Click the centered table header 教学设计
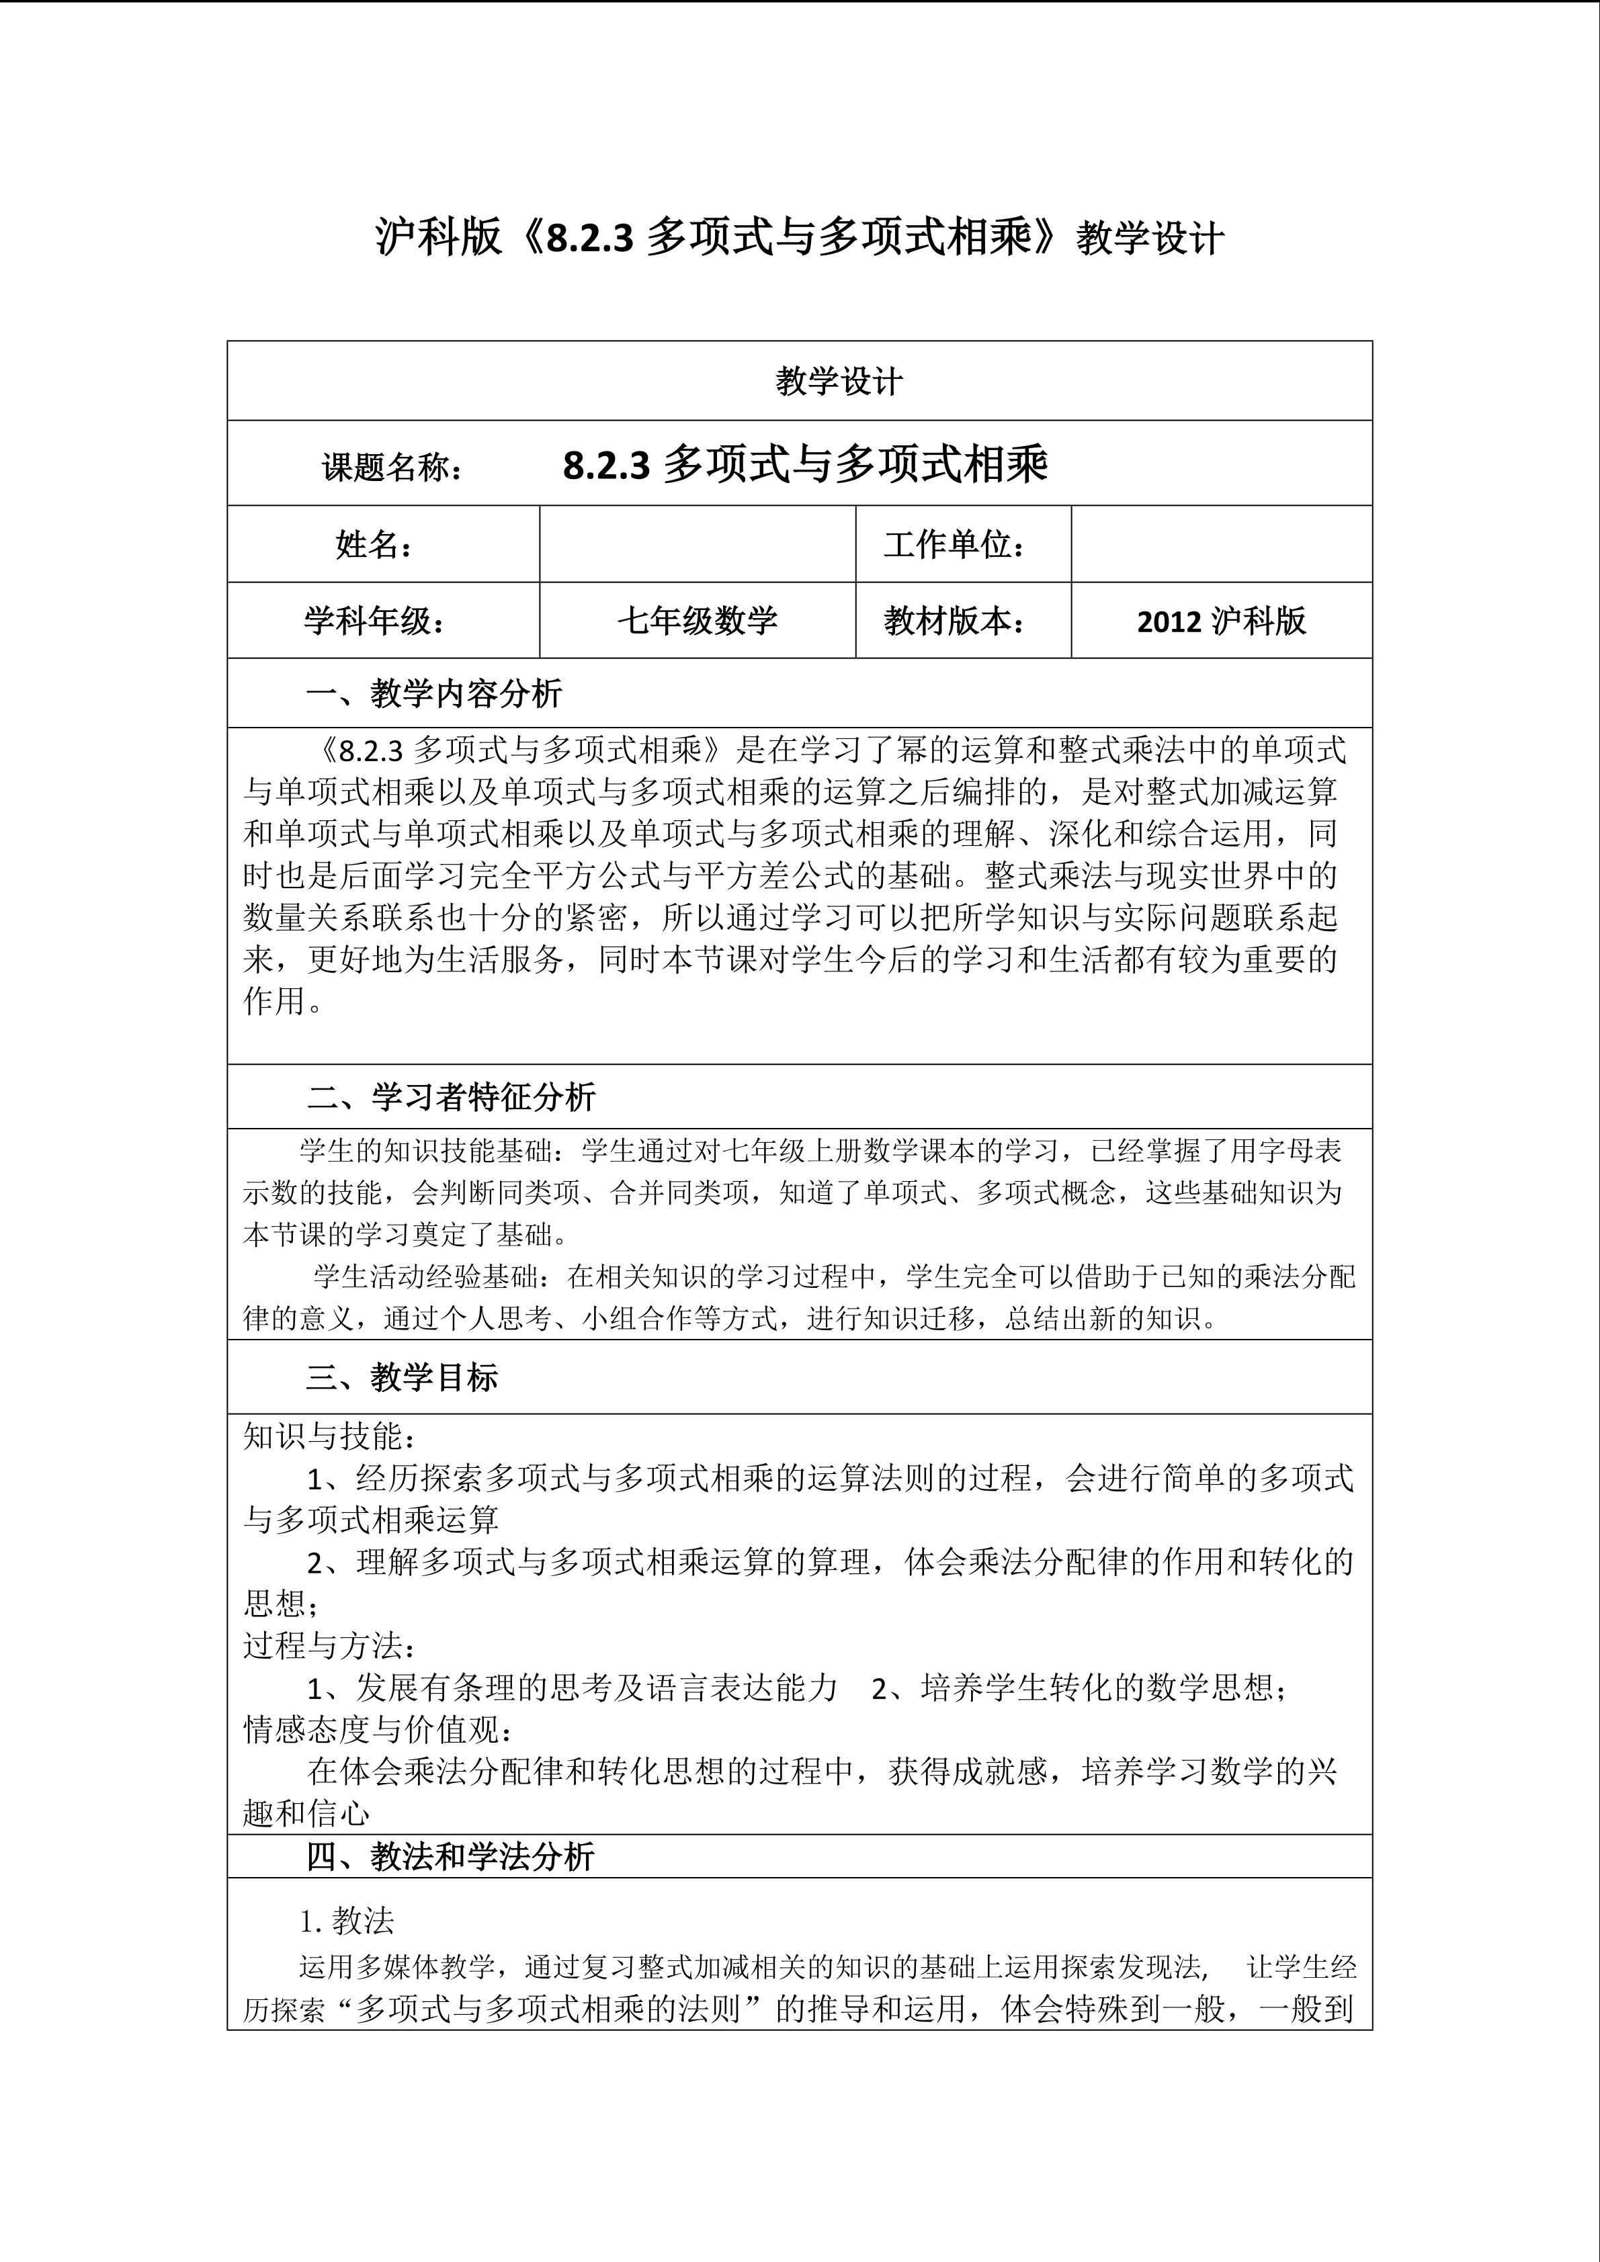pos(839,382)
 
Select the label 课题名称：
pos(393,467)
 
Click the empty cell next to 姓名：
pos(697,543)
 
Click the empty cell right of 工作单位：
pos(1221,543)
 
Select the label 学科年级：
pos(374,621)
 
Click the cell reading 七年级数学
pos(697,621)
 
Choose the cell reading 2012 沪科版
pos(1221,621)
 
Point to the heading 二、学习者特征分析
pos(451,1096)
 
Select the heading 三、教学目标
pos(401,1377)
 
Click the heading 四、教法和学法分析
pos(450,1857)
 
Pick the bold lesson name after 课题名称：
pos(805,465)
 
